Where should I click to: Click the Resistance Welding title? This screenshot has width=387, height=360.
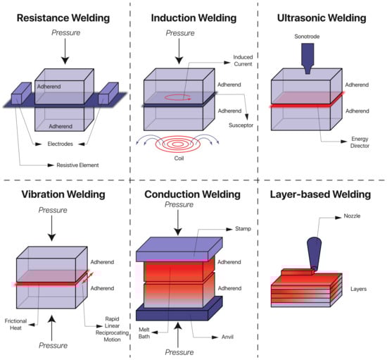63,18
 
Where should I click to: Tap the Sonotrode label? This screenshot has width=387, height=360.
307,37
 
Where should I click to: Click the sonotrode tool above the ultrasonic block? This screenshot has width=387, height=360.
307,58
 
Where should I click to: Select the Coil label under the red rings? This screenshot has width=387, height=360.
179,158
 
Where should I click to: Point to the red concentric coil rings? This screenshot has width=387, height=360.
178,144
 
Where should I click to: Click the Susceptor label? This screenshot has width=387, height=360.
241,125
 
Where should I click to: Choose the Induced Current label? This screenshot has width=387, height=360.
243,61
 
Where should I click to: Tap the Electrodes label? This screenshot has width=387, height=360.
61,144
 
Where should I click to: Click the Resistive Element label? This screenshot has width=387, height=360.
77,165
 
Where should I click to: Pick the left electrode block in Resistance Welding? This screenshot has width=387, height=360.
22,93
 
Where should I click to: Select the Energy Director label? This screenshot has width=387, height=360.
360,142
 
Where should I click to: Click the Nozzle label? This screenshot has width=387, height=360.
352,216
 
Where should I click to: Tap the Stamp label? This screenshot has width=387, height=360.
243,228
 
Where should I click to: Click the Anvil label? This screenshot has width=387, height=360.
227,337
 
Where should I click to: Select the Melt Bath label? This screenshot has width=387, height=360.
144,333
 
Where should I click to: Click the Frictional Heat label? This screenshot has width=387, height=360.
15,324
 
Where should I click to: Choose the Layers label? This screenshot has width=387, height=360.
358,289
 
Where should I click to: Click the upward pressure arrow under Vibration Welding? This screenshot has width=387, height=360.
51,328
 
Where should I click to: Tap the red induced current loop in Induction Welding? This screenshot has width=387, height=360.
178,97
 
